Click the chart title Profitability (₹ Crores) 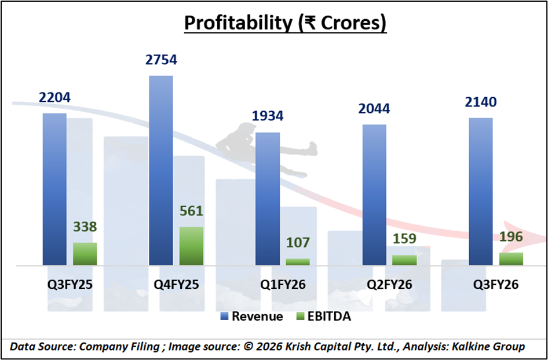[285, 24]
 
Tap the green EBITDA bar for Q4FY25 [191, 246]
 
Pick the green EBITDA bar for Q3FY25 [85, 254]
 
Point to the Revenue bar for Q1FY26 [268, 199]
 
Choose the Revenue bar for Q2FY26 [374, 194]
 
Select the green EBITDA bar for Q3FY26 [511, 259]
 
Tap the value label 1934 [268, 116]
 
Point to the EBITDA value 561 [191, 211]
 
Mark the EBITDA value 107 [298, 243]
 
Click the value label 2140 [480, 102]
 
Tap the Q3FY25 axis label [70, 285]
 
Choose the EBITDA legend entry [324, 317]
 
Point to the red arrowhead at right [524, 234]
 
